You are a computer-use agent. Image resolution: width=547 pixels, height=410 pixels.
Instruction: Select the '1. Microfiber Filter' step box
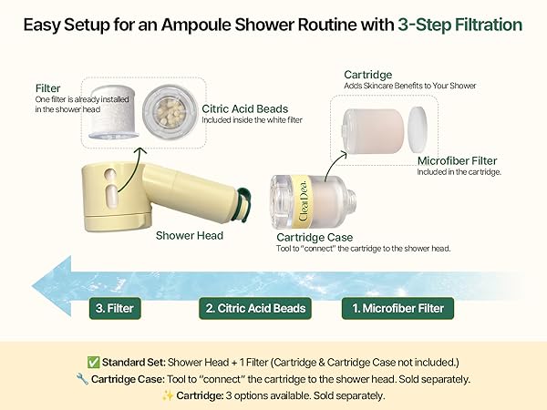coord(398,308)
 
